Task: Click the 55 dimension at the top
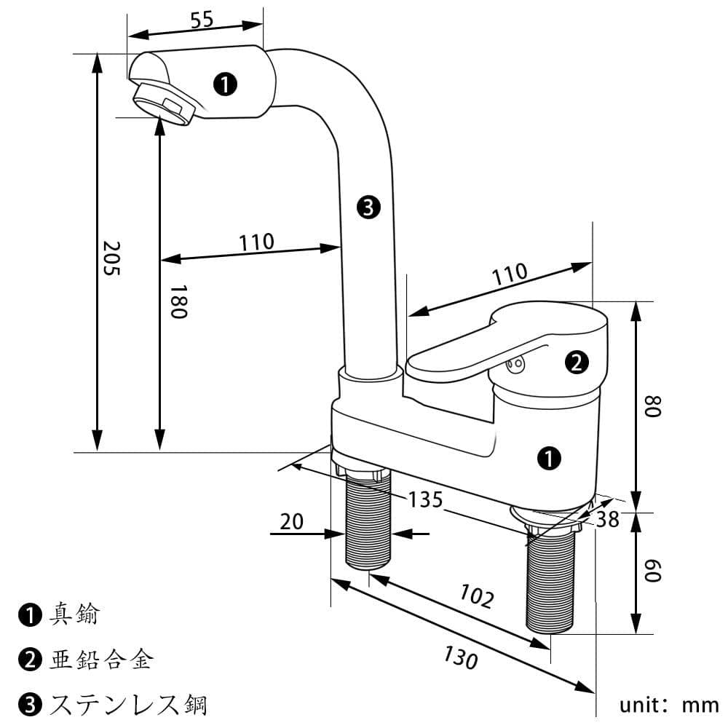[202, 20]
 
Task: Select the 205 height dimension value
[111, 258]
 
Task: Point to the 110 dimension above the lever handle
[509, 274]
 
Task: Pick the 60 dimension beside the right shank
[653, 570]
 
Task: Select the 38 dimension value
[607, 519]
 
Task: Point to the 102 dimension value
[477, 596]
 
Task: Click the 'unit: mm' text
[668, 705]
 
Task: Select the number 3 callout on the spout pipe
[368, 208]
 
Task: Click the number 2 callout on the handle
[576, 362]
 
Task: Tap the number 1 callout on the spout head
[226, 84]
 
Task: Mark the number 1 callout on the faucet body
[548, 458]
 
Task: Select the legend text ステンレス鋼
[128, 704]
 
